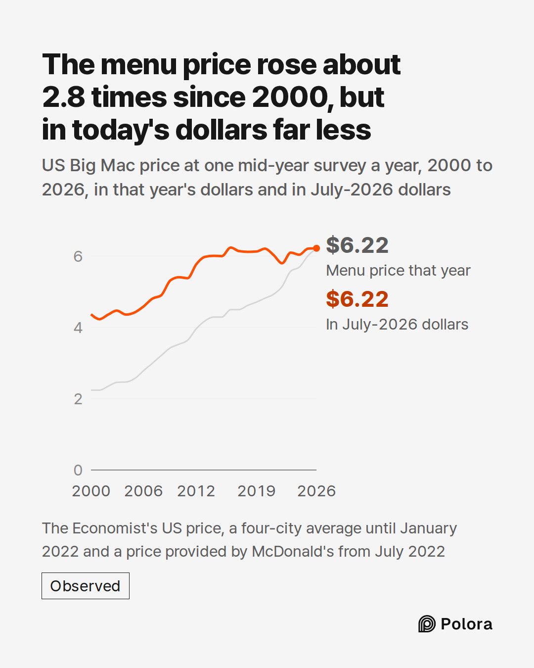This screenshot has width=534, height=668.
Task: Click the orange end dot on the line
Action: click(x=316, y=248)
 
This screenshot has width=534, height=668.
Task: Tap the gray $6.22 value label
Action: click(x=357, y=245)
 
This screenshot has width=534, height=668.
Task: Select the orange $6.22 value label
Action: click(x=357, y=299)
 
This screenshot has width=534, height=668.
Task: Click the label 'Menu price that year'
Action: click(x=398, y=271)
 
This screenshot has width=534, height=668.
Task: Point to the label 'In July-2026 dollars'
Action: click(x=397, y=325)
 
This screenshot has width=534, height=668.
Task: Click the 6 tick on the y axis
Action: click(x=78, y=256)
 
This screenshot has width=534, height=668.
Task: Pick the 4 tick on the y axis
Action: click(x=78, y=328)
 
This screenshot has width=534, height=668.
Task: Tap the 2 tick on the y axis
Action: click(x=78, y=399)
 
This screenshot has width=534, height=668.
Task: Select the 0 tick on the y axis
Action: click(x=78, y=470)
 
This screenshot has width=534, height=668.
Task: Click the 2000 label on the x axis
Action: click(x=91, y=491)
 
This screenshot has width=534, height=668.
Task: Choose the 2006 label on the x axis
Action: click(x=143, y=491)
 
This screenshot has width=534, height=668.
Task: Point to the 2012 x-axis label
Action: click(x=196, y=491)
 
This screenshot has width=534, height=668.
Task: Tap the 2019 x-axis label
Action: click(x=256, y=491)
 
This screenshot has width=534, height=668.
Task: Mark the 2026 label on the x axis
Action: click(x=316, y=491)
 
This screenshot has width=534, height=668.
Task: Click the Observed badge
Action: click(x=86, y=586)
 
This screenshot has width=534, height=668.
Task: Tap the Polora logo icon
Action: click(x=427, y=623)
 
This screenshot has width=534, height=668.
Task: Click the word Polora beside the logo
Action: click(x=466, y=624)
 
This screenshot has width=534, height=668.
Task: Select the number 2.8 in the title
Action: click(x=64, y=97)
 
